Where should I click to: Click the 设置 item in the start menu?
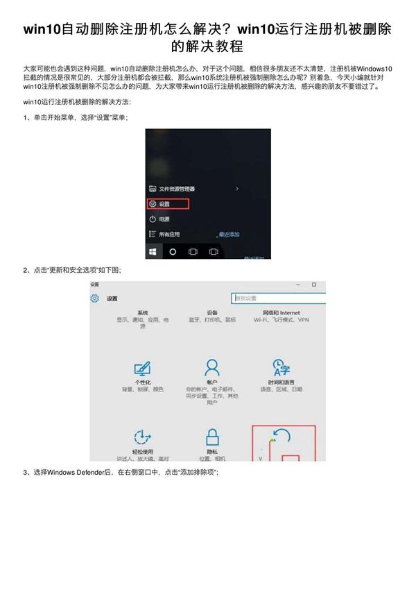click(164, 204)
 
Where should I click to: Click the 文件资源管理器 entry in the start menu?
click(176, 189)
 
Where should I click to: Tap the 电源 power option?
click(164, 219)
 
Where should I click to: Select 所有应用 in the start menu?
click(168, 234)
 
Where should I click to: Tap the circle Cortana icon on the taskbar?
click(173, 251)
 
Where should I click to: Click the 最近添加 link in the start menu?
click(229, 234)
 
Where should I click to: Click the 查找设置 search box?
click(277, 298)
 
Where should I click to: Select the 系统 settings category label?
click(143, 313)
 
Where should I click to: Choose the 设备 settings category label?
click(212, 313)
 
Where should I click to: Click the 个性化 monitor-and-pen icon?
click(143, 368)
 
